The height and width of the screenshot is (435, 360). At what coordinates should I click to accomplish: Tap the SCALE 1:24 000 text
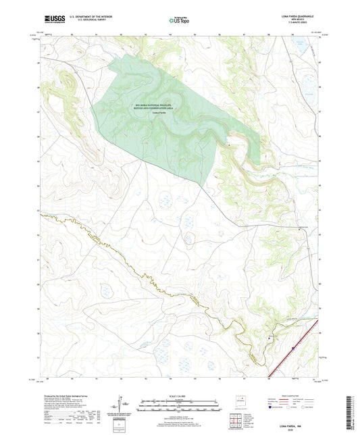click(180, 396)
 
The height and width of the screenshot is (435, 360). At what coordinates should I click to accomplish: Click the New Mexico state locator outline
click(238, 402)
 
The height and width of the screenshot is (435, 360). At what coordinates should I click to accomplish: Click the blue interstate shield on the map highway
click(293, 349)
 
